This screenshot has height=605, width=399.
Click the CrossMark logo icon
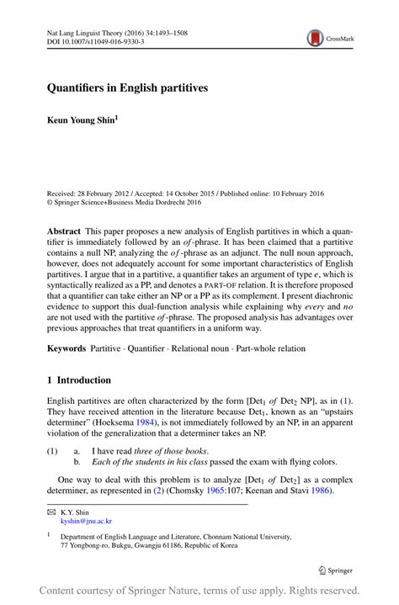[316, 38]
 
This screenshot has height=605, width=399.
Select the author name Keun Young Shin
[82, 119]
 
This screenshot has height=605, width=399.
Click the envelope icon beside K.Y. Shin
[51, 511]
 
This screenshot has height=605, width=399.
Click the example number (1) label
[52, 451]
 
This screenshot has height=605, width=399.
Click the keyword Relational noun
[199, 347]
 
